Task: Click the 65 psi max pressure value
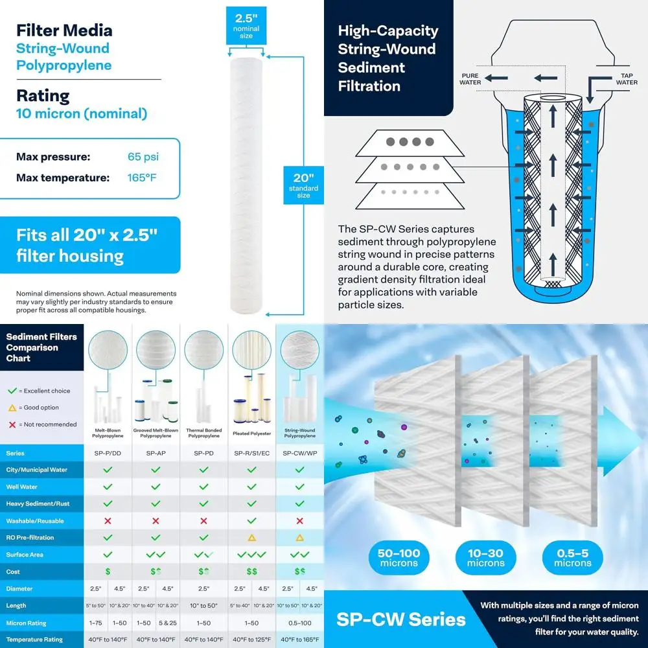point(143,157)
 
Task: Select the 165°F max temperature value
point(142,178)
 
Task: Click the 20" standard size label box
point(303,185)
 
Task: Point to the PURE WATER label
point(470,79)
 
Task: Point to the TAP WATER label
point(626,79)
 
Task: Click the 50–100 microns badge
point(399,558)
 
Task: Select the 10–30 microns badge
point(485,558)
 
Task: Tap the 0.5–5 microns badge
point(572,558)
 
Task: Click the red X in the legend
point(11,424)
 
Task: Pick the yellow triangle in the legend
point(11,408)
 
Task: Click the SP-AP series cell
point(156,453)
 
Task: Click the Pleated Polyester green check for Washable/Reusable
point(251,521)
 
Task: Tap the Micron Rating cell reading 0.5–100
point(299,623)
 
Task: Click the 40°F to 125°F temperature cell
point(251,640)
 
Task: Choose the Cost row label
point(14,572)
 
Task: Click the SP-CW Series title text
point(400,619)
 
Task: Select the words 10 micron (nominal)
point(82,114)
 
